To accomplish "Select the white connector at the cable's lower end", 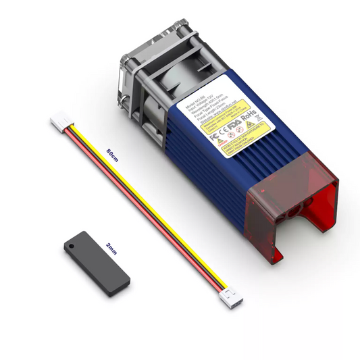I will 233,294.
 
